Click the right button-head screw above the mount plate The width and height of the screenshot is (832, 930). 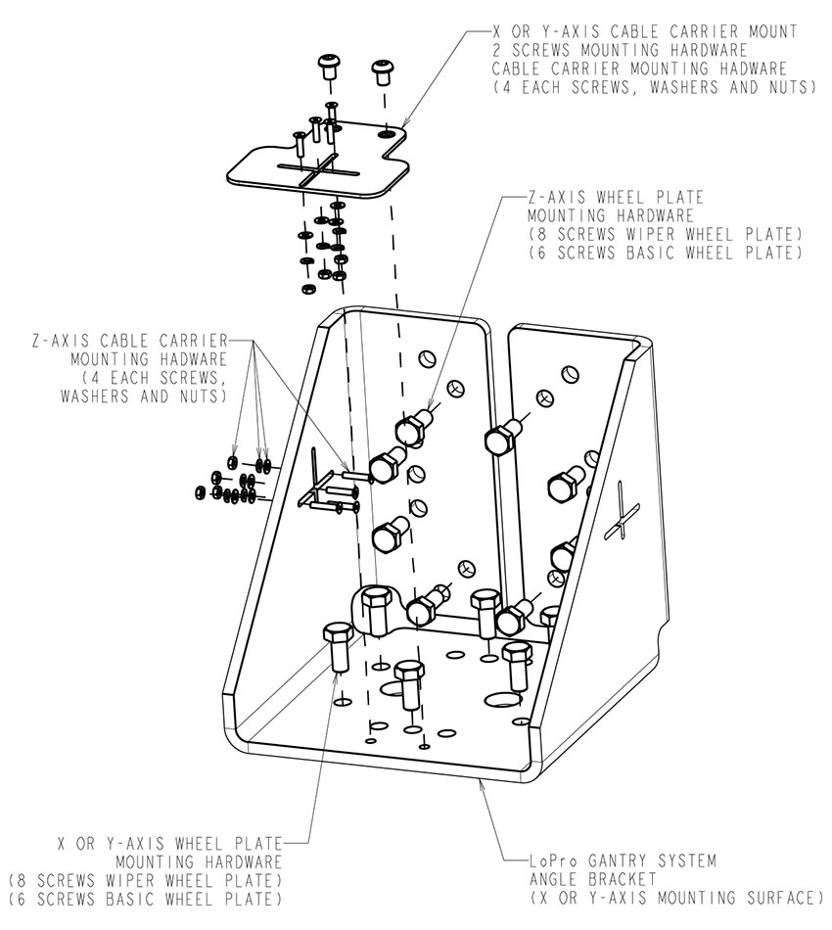pyautogui.click(x=383, y=71)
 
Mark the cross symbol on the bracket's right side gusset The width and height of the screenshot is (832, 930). pyautogui.click(x=622, y=518)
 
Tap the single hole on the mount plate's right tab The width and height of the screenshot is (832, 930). pyautogui.click(x=389, y=132)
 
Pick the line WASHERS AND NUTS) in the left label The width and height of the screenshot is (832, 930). pyautogui.click(x=143, y=396)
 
